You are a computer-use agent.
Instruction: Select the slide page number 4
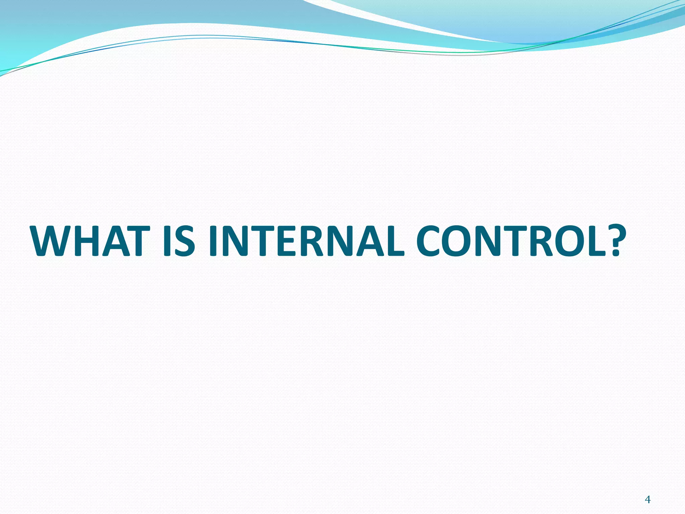click(x=648, y=491)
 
